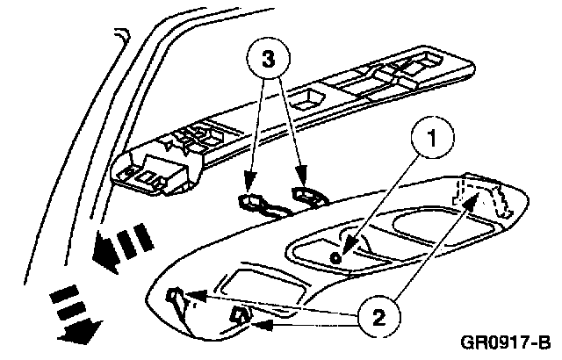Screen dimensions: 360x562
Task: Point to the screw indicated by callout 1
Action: [x=337, y=256]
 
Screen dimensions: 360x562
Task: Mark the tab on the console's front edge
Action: [x=238, y=313]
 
